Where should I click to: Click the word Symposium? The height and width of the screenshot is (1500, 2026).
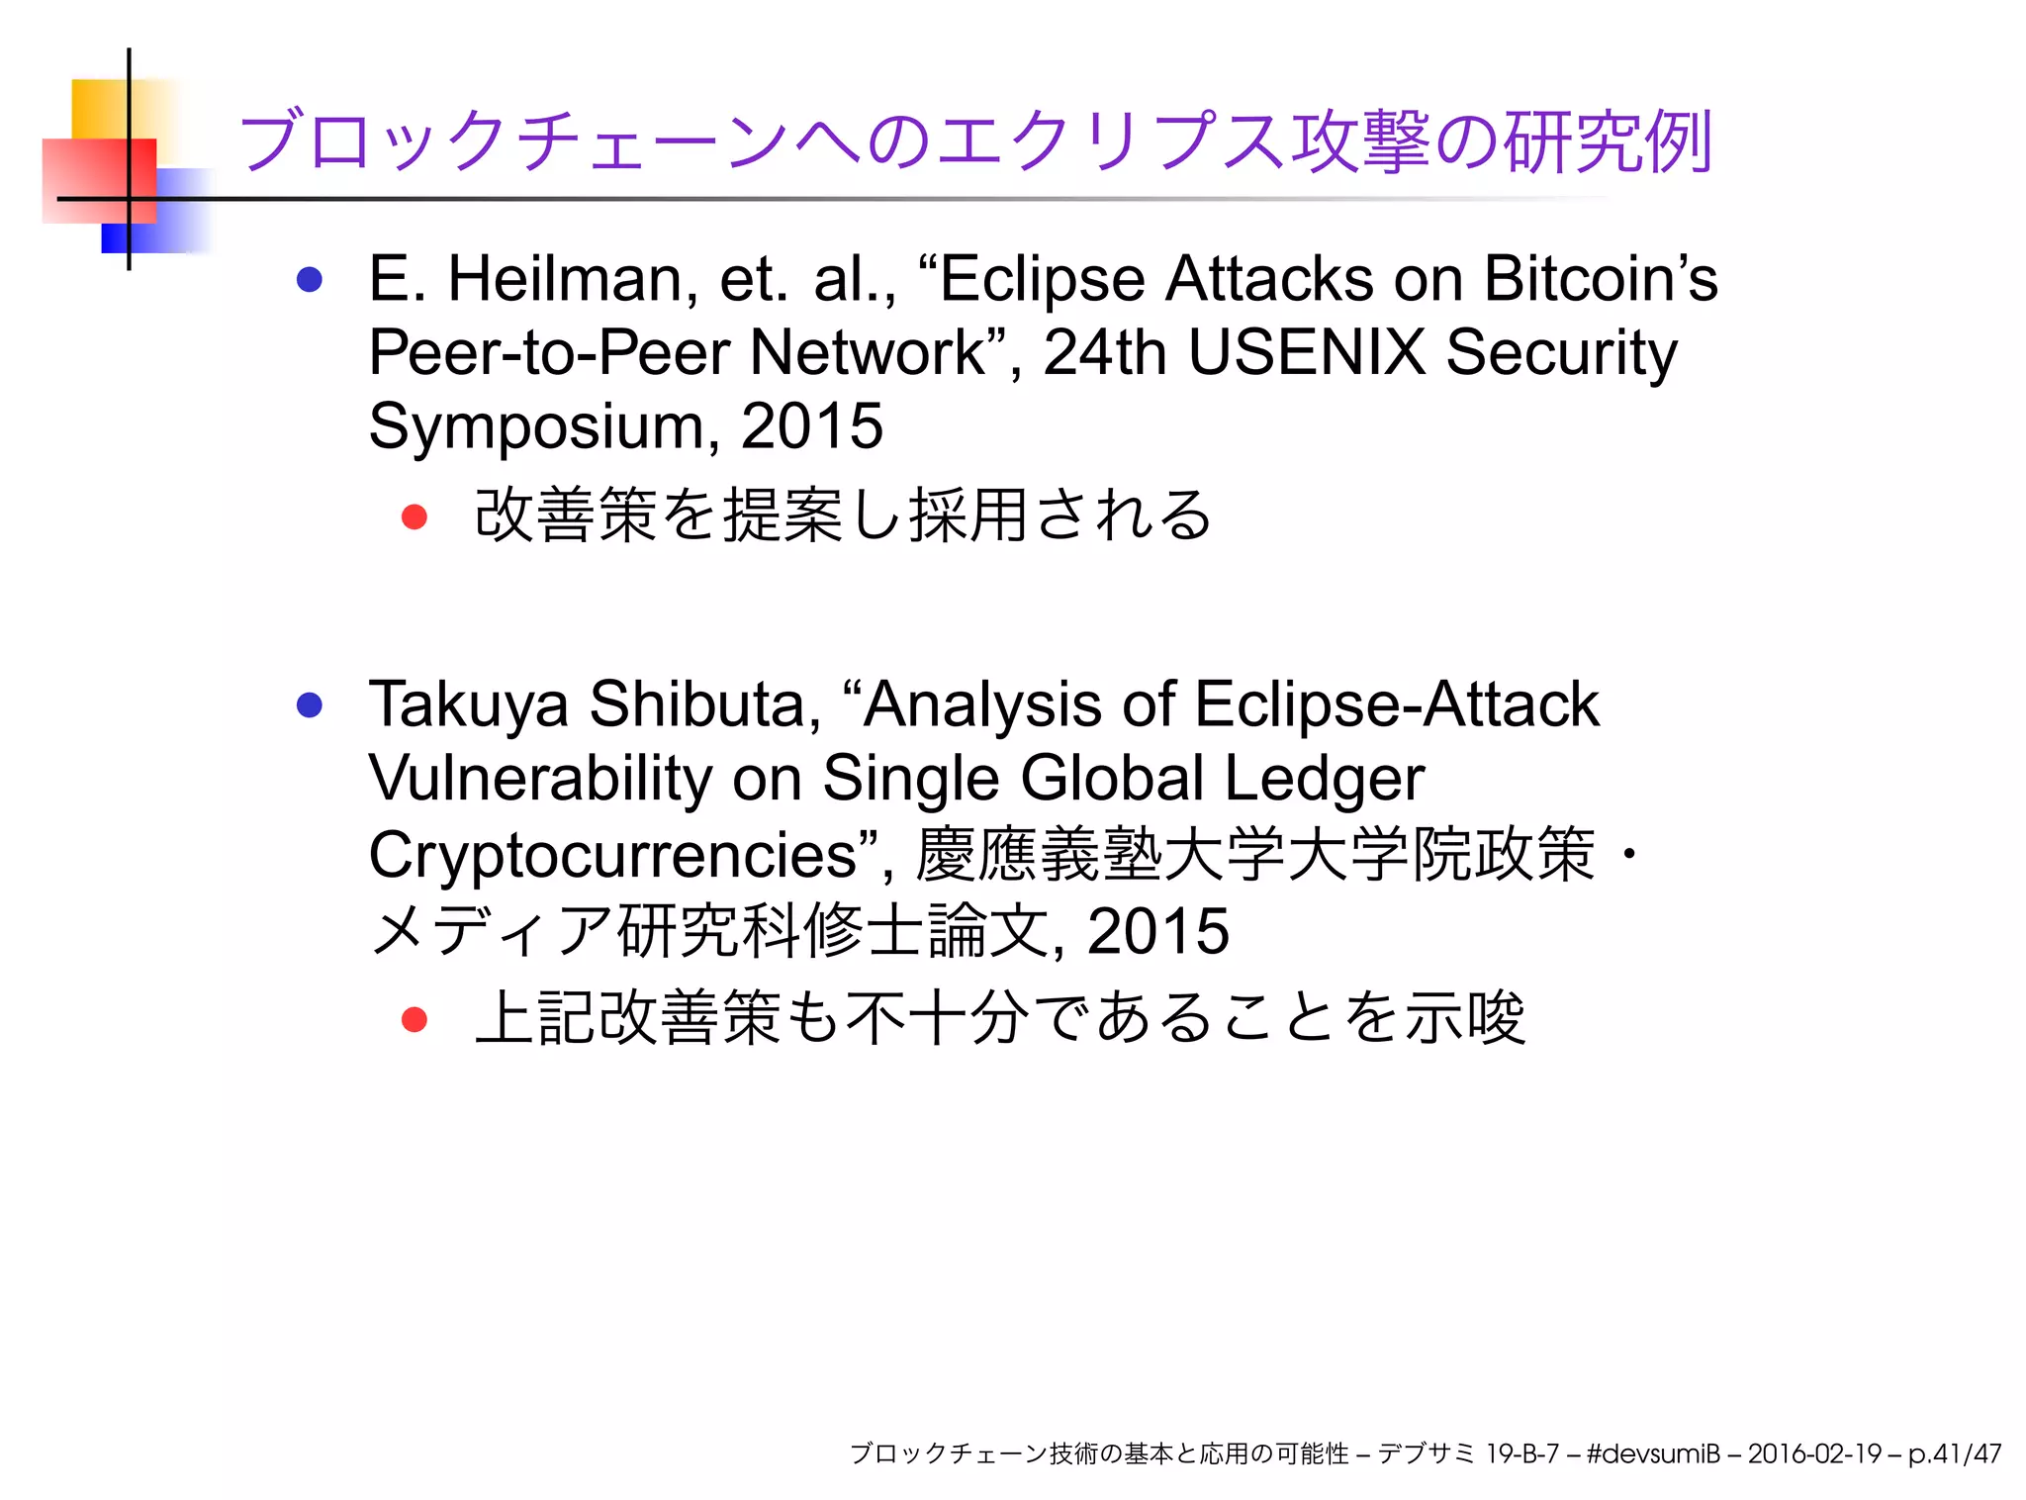tap(536, 427)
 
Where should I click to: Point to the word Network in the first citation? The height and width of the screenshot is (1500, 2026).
tap(867, 352)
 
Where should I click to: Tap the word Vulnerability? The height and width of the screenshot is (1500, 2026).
tap(539, 779)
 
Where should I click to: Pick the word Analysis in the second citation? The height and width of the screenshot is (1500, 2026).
tap(981, 704)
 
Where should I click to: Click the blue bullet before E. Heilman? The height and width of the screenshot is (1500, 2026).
tap(310, 280)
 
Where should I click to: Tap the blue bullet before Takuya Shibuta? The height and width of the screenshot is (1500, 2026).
tap(310, 705)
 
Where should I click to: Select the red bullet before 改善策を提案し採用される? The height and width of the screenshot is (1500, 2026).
tap(414, 516)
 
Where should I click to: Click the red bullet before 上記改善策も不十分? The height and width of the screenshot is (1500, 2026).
tap(414, 1020)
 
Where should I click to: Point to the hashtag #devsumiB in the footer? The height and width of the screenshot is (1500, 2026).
tap(1652, 1453)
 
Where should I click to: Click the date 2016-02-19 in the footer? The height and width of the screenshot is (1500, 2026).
tap(1813, 1453)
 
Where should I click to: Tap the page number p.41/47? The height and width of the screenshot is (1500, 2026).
tap(1954, 1453)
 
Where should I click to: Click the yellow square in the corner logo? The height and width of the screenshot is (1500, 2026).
tap(99, 108)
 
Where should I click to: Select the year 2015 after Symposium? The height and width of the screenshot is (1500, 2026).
tap(811, 427)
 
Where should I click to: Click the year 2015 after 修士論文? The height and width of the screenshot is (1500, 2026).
tap(1157, 931)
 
